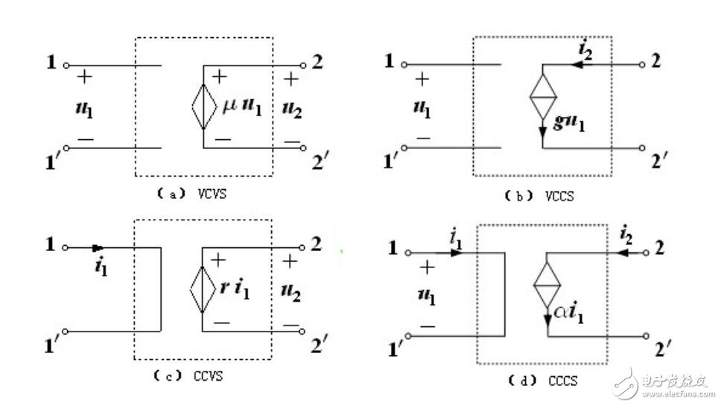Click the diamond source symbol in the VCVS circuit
pyautogui.click(x=203, y=106)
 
